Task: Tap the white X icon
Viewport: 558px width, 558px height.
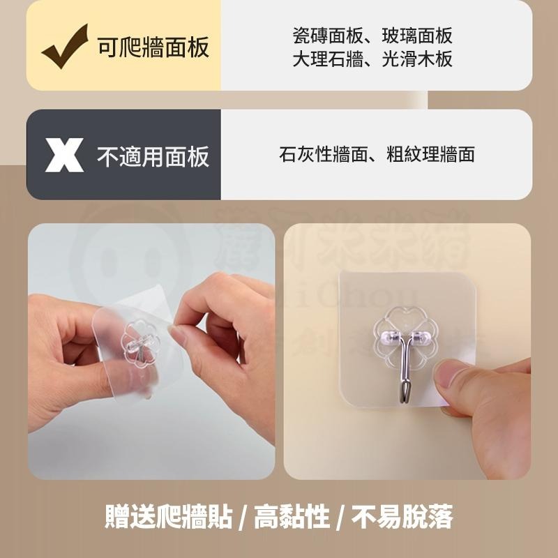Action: [64, 155]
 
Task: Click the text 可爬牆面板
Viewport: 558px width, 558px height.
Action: [153, 47]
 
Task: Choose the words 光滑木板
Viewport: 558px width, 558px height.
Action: [417, 59]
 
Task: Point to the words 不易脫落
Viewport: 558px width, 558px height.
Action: [402, 518]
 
